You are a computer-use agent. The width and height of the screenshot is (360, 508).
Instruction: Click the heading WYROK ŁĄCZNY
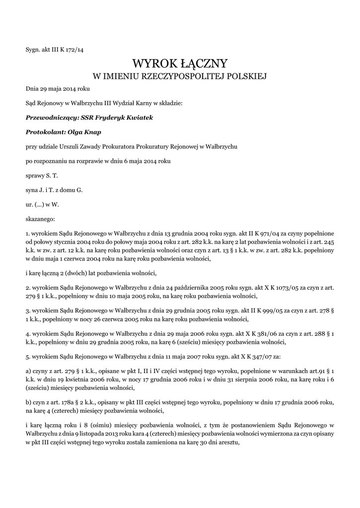[x=180, y=63]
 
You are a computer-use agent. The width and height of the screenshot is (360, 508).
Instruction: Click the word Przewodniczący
[x=48, y=118]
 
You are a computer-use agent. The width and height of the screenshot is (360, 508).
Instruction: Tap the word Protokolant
[x=44, y=132]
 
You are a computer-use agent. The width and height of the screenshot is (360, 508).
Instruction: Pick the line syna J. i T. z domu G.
[x=54, y=190]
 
